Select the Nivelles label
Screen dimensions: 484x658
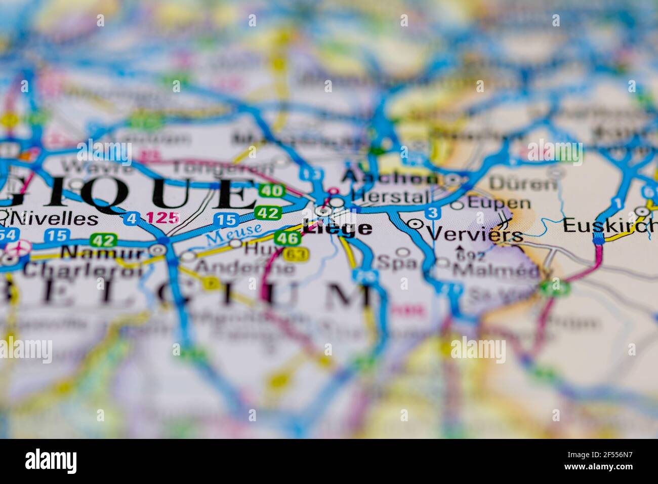pos(56,219)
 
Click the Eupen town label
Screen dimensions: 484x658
pos(499,204)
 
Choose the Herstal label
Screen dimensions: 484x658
pos(390,197)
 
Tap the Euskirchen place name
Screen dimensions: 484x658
pos(610,226)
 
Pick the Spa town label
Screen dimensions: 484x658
pos(397,263)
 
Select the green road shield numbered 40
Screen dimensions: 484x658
pos(272,191)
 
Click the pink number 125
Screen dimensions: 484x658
pos(162,218)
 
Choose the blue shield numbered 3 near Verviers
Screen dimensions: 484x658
pos(432,213)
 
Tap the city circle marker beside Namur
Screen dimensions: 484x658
pos(158,250)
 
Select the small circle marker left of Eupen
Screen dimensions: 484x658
pos(457,205)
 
